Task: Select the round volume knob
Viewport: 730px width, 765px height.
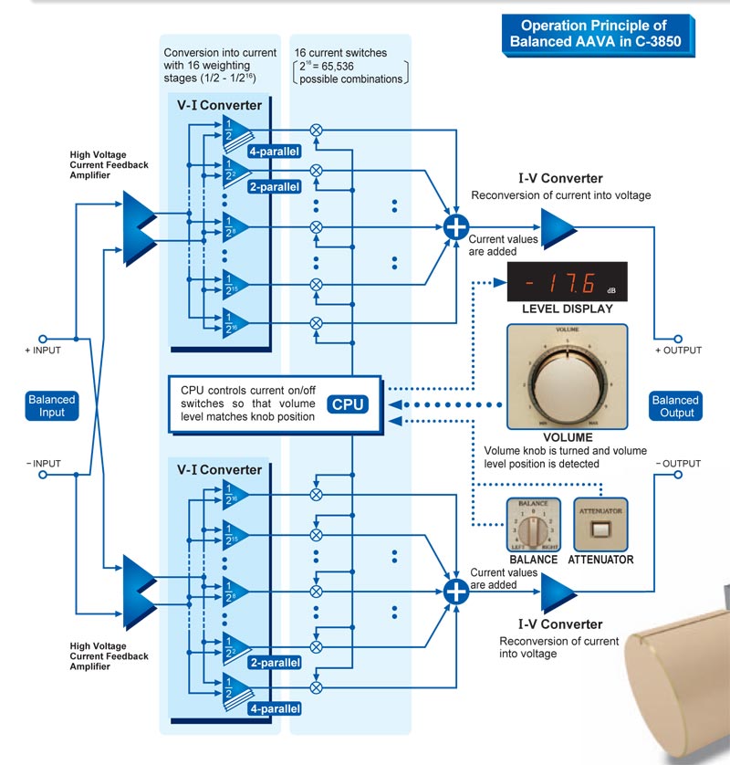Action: click(567, 376)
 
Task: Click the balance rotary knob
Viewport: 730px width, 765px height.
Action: click(530, 529)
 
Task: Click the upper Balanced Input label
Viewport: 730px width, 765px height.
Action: click(51, 406)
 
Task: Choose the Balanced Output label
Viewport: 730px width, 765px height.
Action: click(675, 406)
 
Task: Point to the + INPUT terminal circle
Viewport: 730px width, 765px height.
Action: click(41, 338)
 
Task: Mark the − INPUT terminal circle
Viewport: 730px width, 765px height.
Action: click(41, 475)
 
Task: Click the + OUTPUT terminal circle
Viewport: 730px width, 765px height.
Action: click(678, 338)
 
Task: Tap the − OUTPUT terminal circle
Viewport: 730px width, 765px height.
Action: click(678, 475)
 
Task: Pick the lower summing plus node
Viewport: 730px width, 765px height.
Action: click(455, 585)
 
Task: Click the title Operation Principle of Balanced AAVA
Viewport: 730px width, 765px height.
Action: click(593, 34)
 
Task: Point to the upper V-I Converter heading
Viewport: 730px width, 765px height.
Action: click(219, 105)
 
